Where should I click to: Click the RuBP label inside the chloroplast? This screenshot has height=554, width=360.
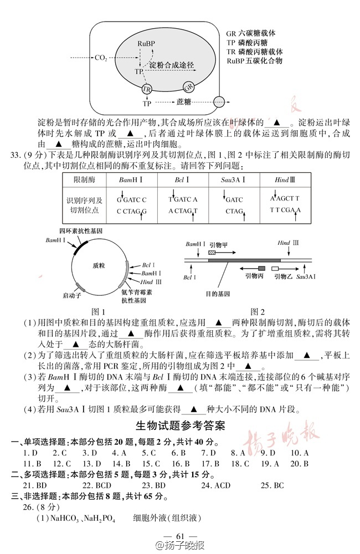click(146, 43)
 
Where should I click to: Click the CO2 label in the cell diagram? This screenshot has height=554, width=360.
click(101, 58)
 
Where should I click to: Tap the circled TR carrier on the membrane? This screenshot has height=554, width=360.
click(147, 89)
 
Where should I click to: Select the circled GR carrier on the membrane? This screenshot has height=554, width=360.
click(188, 87)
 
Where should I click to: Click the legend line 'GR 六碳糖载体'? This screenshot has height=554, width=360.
click(251, 33)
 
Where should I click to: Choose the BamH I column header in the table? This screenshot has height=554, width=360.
click(131, 180)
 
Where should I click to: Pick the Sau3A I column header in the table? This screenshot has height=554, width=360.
click(233, 180)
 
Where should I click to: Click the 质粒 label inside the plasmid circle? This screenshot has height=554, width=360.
click(99, 265)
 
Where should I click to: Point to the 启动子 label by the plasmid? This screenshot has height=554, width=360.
click(73, 296)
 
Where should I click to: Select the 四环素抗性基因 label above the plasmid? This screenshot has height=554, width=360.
click(81, 230)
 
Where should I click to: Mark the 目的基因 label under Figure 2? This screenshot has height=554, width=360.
click(217, 293)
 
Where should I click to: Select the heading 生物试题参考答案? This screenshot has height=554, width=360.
click(180, 427)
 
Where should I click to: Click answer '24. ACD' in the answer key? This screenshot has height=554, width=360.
click(215, 485)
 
